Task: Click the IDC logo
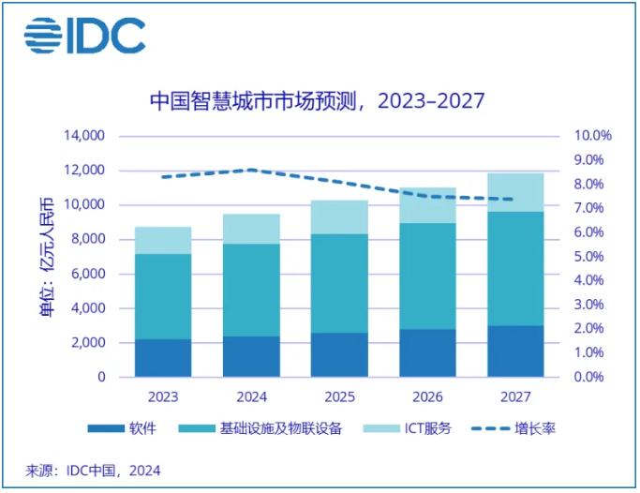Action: [x=84, y=36]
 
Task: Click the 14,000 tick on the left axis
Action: [x=83, y=136]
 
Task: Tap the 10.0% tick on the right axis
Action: [x=592, y=136]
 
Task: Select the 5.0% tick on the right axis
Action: [x=592, y=256]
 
